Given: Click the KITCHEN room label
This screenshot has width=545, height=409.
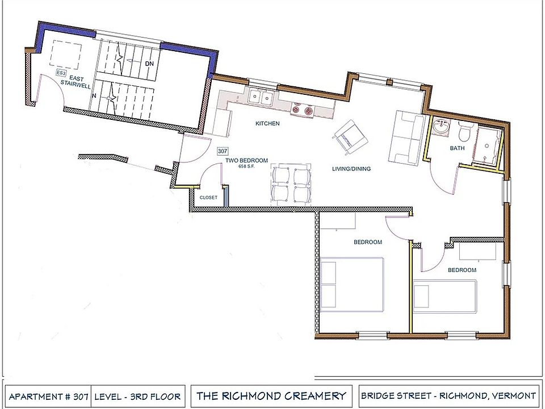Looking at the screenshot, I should click(x=267, y=123).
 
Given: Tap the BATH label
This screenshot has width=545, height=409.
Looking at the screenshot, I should click(x=457, y=148).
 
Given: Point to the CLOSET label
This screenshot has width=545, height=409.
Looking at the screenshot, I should click(x=208, y=197).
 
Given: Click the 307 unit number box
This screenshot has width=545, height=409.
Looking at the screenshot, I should click(x=223, y=152).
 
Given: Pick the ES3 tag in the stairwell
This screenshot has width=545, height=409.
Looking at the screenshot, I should click(x=60, y=73).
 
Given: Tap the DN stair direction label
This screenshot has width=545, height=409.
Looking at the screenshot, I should click(x=149, y=64).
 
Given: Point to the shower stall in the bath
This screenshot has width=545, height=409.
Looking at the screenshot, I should click(x=489, y=147).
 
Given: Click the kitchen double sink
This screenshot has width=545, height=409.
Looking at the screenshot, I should click(x=262, y=98).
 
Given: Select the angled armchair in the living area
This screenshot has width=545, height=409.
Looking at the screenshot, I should click(x=351, y=136).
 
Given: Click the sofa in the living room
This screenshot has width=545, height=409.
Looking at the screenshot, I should click(x=407, y=136).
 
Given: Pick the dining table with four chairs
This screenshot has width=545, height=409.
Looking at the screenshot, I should click(x=291, y=183).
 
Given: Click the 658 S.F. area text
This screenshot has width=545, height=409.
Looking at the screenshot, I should click(x=246, y=166).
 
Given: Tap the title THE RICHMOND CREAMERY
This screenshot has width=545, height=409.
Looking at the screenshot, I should click(x=271, y=395).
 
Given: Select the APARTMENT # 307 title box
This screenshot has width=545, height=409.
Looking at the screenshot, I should click(x=48, y=395).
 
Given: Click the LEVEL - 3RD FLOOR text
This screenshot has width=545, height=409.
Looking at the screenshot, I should click(x=137, y=395).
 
